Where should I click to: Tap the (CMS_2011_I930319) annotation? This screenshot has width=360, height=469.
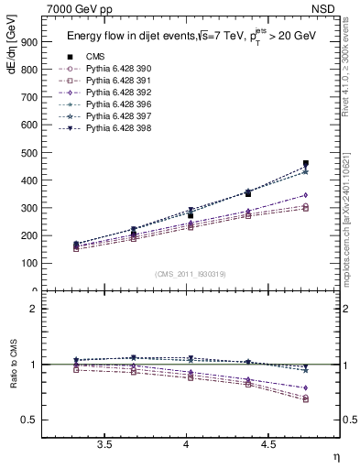tap(190, 274)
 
